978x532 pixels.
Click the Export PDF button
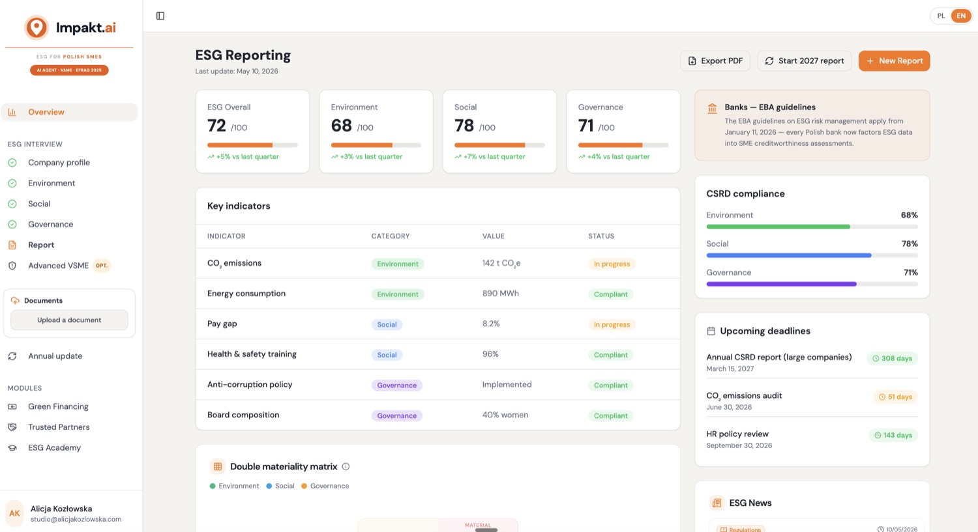(x=715, y=61)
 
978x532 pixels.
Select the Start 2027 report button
(x=804, y=61)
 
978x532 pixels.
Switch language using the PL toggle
(x=941, y=16)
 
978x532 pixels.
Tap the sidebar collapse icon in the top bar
(x=160, y=16)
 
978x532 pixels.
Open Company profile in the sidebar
(x=59, y=162)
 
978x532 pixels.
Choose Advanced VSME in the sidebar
(x=59, y=265)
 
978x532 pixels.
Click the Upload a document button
(x=69, y=320)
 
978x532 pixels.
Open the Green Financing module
(x=58, y=406)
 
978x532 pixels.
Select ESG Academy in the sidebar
(x=54, y=447)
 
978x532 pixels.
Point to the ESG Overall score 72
(x=216, y=126)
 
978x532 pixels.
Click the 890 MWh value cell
(x=500, y=294)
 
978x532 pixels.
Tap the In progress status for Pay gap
(x=612, y=324)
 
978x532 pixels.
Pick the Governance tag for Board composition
(x=397, y=415)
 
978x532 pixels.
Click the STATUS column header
(x=600, y=236)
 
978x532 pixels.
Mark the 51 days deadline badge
(x=895, y=397)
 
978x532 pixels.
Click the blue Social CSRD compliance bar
(x=788, y=255)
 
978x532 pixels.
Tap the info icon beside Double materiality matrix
(x=346, y=467)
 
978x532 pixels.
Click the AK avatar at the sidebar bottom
(x=14, y=513)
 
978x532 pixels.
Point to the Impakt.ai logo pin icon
(x=37, y=27)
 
